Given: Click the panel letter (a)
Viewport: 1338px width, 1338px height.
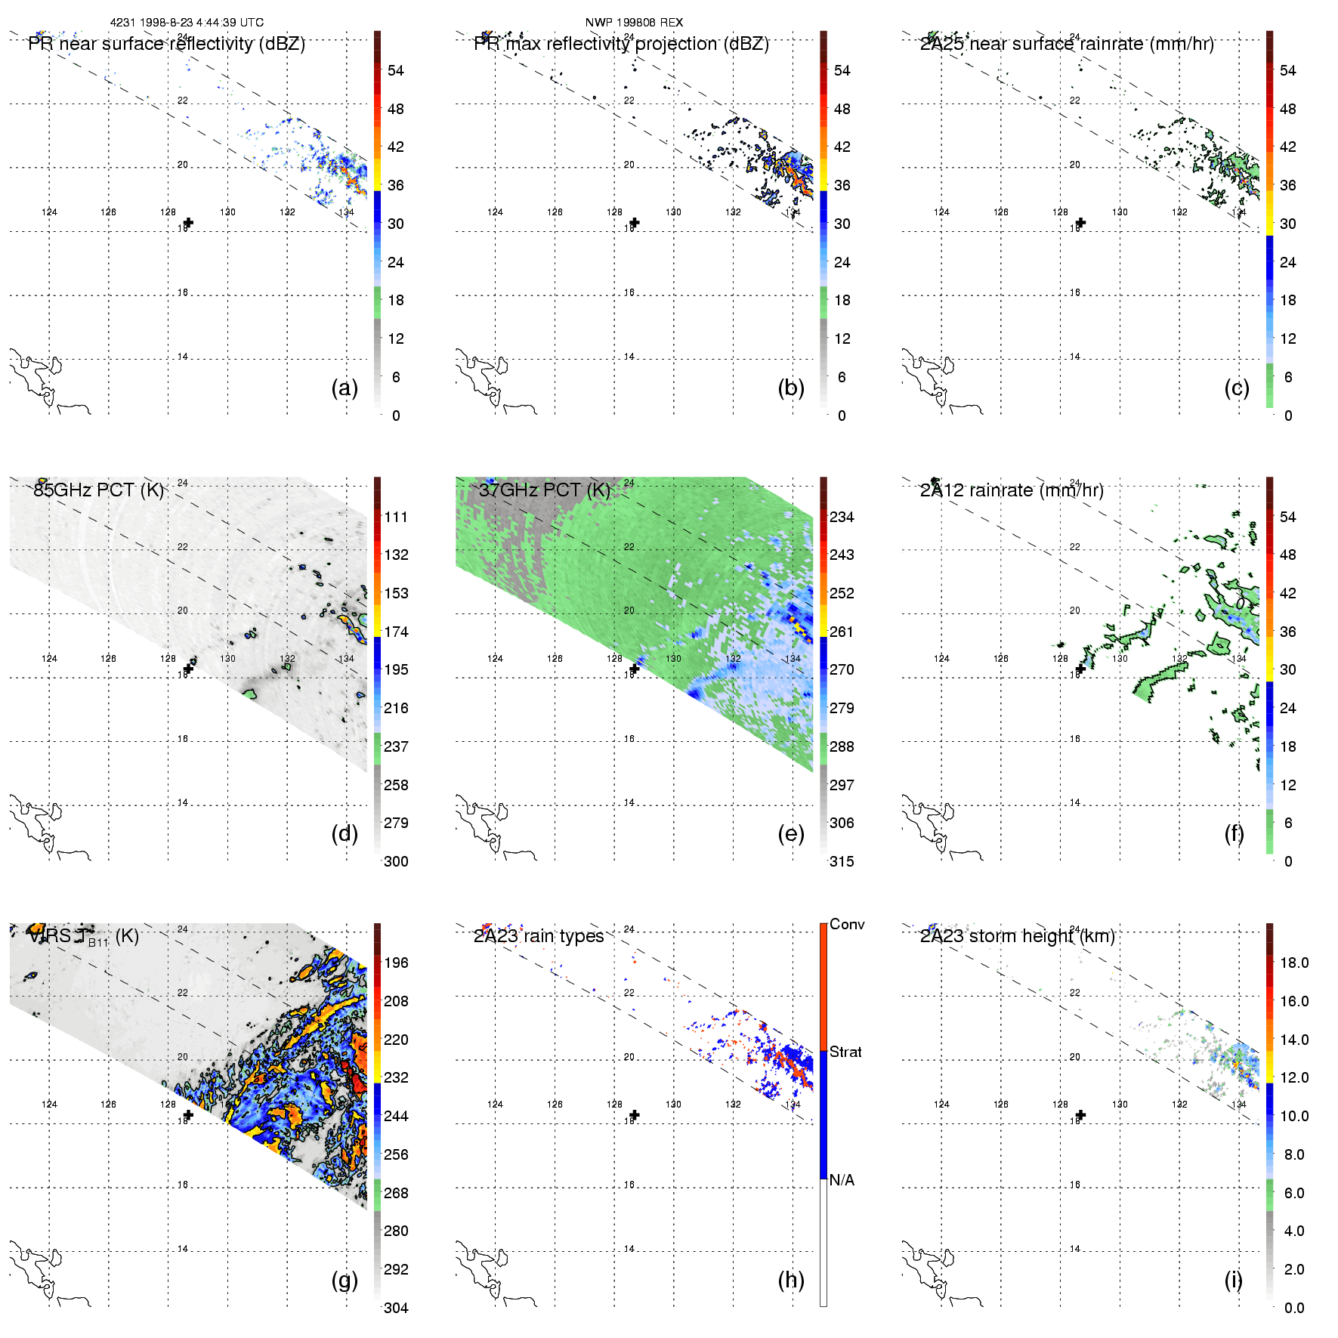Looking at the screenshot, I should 345,388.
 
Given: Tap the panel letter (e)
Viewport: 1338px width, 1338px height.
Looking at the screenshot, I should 791,833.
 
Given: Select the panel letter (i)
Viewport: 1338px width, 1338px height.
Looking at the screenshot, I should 1234,1280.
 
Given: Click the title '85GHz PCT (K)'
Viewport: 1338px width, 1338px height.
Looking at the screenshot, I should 98,490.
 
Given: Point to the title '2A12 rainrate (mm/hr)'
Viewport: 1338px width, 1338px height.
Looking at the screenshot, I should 1012,490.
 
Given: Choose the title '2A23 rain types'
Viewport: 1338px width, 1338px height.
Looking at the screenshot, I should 539,936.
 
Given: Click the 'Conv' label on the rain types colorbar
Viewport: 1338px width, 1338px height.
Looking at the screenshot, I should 847,924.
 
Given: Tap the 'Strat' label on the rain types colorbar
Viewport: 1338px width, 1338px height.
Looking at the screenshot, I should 845,1052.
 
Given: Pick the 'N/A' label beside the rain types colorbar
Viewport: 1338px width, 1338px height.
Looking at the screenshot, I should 842,1180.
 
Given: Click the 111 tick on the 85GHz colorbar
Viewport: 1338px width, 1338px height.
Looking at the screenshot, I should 396,517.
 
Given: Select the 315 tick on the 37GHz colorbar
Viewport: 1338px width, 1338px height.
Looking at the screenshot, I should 842,861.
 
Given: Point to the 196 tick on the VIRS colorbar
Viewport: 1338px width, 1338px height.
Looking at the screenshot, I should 396,963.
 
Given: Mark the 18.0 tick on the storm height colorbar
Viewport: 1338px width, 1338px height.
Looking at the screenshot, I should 1294,963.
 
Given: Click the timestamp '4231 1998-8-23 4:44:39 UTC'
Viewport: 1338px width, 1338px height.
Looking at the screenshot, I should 187,23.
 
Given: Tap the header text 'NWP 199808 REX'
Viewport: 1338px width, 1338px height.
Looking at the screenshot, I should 634,23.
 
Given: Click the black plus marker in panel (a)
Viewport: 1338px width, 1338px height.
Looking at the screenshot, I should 189,222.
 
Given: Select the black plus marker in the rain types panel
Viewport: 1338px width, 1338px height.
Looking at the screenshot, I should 635,1115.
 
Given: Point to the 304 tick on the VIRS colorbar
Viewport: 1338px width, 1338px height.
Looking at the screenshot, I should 396,1308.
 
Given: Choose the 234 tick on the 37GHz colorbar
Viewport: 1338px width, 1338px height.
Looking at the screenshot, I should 842,517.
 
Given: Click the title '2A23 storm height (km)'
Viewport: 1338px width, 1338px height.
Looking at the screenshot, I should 1018,936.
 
